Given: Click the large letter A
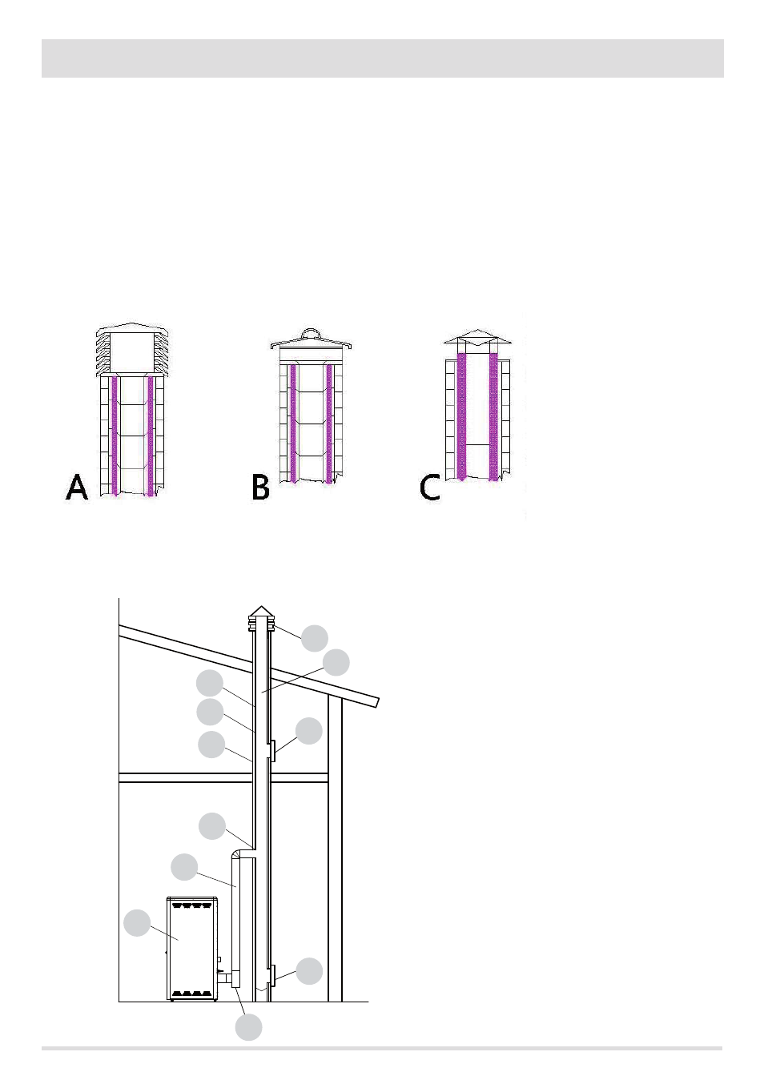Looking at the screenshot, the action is (77, 487).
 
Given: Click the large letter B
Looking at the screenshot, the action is (260, 487).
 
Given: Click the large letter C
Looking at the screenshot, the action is (430, 487).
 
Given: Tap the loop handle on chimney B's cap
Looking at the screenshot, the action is (311, 333).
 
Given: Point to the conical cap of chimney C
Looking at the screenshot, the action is (477, 337).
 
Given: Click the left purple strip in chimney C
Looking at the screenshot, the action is (461, 416).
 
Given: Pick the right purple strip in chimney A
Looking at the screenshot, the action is (150, 436).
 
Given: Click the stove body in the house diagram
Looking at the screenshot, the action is (191, 949).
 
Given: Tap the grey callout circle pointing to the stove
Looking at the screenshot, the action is (137, 923).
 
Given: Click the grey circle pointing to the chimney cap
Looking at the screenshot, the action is (315, 638).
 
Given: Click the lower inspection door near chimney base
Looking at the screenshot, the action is (272, 974).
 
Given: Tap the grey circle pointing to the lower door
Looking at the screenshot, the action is (309, 971).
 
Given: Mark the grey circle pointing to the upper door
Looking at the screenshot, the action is (309, 731).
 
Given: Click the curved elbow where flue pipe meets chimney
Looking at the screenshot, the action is (237, 856).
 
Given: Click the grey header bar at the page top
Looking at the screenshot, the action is (383, 58).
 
